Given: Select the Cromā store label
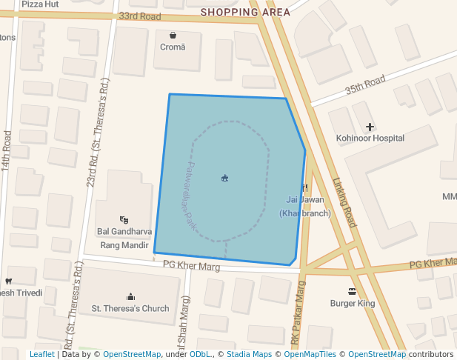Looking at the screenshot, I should click(x=173, y=47).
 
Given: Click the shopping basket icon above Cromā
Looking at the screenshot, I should click(x=173, y=35).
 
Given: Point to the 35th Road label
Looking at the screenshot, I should click(x=365, y=85).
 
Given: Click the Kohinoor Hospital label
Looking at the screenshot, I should click(x=370, y=138).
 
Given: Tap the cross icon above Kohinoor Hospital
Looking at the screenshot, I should click(x=370, y=127).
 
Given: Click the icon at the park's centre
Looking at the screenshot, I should click(x=224, y=178).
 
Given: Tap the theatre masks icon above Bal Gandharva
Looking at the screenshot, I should click(x=124, y=220).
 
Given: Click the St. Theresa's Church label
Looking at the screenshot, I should click(x=130, y=308).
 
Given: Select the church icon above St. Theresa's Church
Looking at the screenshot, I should click(x=131, y=296).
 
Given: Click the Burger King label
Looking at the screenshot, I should click(x=353, y=303).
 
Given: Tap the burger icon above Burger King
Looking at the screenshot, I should click(x=353, y=291).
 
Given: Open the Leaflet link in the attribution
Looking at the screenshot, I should click(x=41, y=355).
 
